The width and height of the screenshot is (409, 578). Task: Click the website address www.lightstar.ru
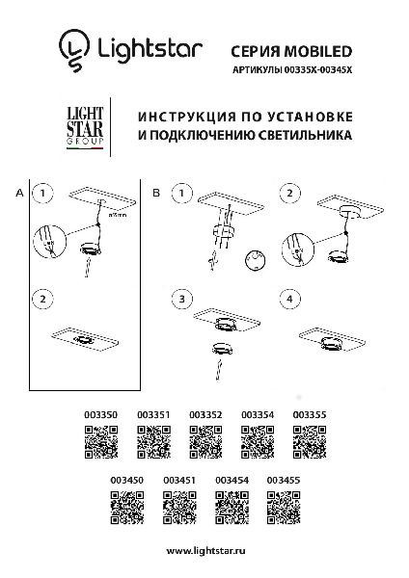point(204,551)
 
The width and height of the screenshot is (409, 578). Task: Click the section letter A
point(19,193)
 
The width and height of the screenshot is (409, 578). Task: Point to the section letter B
point(156,193)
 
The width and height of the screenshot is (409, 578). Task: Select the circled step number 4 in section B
point(288,300)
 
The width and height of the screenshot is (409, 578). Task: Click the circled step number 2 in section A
point(41,300)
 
